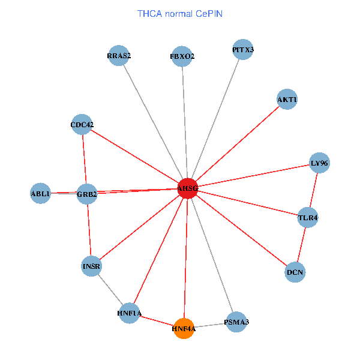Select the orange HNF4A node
click(x=184, y=328)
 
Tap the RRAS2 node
click(x=119, y=56)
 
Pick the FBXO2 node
click(x=182, y=56)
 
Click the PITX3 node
click(x=242, y=50)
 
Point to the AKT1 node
click(x=287, y=99)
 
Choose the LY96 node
click(x=319, y=163)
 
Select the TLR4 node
click(x=308, y=218)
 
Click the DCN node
click(x=295, y=272)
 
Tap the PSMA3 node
click(x=236, y=322)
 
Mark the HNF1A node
click(x=130, y=313)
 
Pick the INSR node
click(x=91, y=266)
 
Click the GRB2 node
click(x=87, y=194)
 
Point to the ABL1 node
click(x=40, y=193)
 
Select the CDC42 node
click(x=82, y=125)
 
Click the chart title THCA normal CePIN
click(x=180, y=13)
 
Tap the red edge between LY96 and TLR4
click(x=314, y=190)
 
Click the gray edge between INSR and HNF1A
click(x=110, y=289)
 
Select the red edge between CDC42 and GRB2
click(x=84, y=160)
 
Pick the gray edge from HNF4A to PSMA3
click(x=210, y=325)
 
